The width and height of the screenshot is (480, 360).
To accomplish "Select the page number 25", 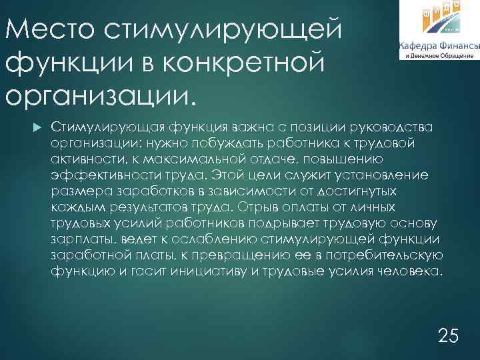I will (449, 335).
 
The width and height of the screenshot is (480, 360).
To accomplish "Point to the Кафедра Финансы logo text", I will (439, 46).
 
